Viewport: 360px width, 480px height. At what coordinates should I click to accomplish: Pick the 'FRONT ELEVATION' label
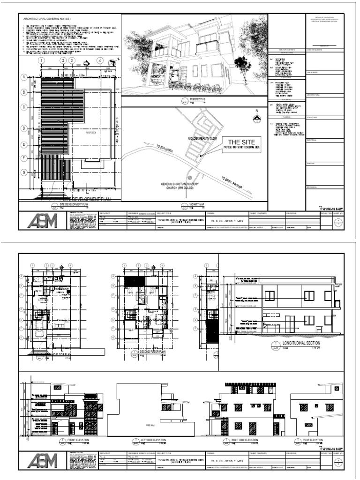click(x=77, y=441)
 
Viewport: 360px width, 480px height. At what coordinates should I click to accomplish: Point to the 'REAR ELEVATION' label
click(x=312, y=441)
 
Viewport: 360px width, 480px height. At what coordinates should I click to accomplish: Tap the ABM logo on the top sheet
click(x=43, y=220)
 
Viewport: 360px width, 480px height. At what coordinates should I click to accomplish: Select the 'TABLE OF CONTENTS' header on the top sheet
click(x=286, y=49)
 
